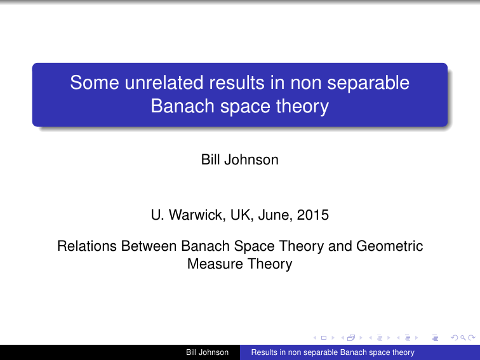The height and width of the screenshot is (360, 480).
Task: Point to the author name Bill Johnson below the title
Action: (x=239, y=160)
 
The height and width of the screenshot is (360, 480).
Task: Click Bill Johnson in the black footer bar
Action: (x=206, y=352)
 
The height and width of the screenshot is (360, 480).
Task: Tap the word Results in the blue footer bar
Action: (x=265, y=352)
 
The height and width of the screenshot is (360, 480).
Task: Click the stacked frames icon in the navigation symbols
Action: (x=350, y=338)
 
